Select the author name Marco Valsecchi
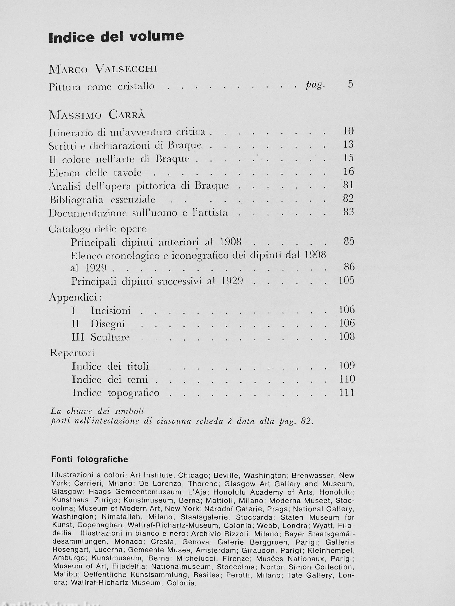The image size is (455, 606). [x=103, y=69]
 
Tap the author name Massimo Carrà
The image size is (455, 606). [x=97, y=115]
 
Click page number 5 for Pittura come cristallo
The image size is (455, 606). [x=350, y=84]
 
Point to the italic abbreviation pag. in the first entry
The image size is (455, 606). [x=315, y=85]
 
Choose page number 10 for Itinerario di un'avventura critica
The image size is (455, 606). [x=348, y=131]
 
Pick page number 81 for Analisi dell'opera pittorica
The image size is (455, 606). [x=348, y=185]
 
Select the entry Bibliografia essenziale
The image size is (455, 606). [x=102, y=200]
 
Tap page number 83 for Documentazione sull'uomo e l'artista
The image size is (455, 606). [x=348, y=212]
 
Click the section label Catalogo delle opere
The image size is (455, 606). [x=97, y=229]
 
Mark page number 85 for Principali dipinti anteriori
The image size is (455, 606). [x=348, y=241]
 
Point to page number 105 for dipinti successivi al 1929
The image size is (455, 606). [x=347, y=280]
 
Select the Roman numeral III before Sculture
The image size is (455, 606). [x=78, y=337]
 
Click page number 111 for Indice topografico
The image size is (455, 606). [x=347, y=393]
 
